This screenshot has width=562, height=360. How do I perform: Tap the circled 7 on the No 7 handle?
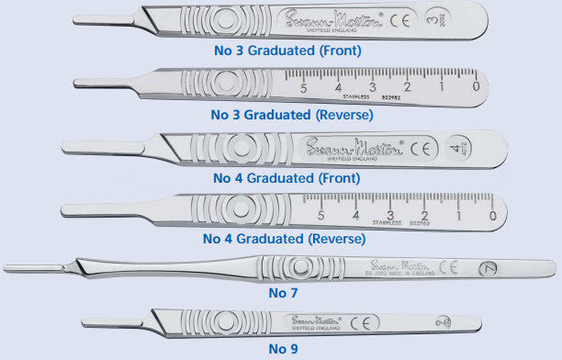click(490, 269)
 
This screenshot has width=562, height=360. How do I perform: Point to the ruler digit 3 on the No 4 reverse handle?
click(389, 215)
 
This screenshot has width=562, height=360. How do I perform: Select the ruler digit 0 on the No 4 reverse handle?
click(492, 215)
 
